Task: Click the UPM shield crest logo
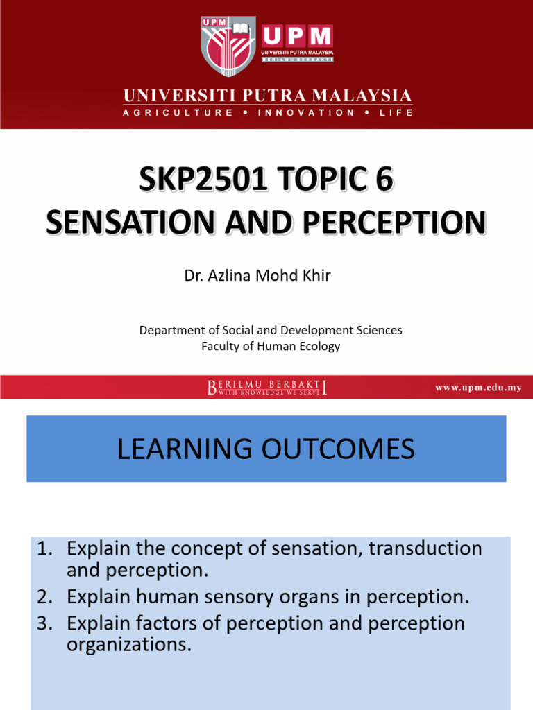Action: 227,46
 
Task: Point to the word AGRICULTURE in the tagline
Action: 178,112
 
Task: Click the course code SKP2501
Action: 202,181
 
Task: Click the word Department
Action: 171,330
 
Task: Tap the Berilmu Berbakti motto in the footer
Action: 267,388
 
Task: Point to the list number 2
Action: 44,596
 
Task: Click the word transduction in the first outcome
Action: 425,548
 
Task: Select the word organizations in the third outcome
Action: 128,644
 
